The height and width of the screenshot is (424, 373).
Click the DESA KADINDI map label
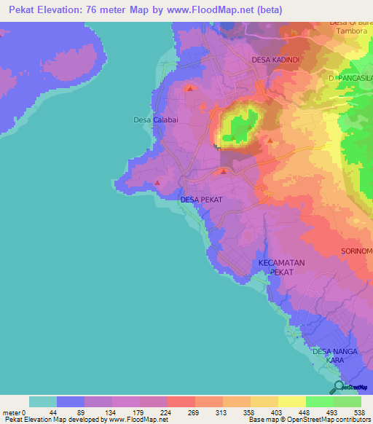pyautogui.click(x=277, y=59)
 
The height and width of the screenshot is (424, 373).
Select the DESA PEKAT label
pyautogui.click(x=201, y=199)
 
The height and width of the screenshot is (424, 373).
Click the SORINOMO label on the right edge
pyautogui.click(x=356, y=251)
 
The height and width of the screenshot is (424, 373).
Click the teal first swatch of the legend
pyautogui.click(x=43, y=401)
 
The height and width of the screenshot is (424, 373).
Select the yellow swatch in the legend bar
pyautogui.click(x=291, y=401)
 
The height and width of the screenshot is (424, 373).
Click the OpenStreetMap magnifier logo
pyautogui.click(x=337, y=387)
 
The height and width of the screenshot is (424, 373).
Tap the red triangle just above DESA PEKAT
pyautogui.click(x=223, y=172)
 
